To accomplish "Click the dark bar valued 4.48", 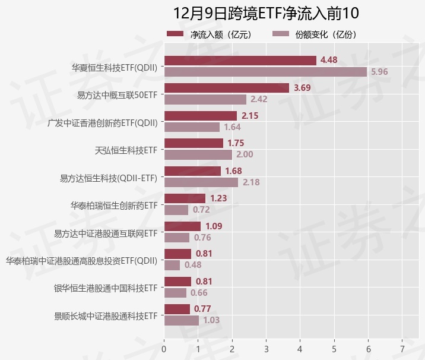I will tap(240, 60).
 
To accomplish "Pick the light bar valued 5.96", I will tap(265, 72).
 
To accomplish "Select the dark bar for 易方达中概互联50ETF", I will tap(226, 88).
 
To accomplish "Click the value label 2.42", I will tap(259, 99).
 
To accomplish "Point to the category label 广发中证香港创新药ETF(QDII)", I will tap(102, 123).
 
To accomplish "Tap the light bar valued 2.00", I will tap(198, 154).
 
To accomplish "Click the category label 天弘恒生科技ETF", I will tap(126, 150).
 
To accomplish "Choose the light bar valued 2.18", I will tap(201, 182).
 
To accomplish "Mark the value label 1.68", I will tap(233, 171).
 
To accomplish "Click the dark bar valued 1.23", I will tap(185, 198).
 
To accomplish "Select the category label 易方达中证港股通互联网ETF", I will tap(105, 233).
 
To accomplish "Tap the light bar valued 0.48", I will tap(172, 265).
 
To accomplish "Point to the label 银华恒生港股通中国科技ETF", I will tap(105, 288).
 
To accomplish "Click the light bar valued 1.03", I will tap(181, 320).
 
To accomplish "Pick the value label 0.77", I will tap(202, 309).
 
